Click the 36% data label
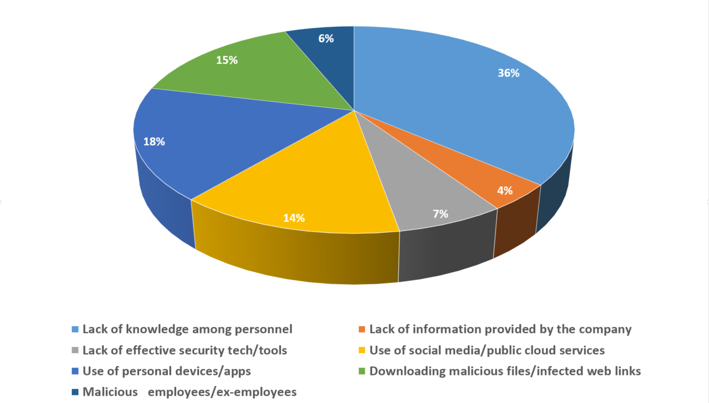click(508, 73)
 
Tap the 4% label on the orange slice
click(504, 191)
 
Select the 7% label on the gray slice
click(440, 213)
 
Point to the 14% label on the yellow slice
click(294, 218)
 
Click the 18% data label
click(154, 141)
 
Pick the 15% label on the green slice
click(227, 60)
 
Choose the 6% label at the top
click(326, 38)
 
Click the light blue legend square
click(75, 330)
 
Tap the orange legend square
click(362, 330)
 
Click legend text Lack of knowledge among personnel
click(187, 329)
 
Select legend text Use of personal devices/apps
click(167, 371)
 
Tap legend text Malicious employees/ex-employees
click(190, 392)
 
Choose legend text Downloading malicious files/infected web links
click(505, 371)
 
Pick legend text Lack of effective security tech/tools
click(185, 351)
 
